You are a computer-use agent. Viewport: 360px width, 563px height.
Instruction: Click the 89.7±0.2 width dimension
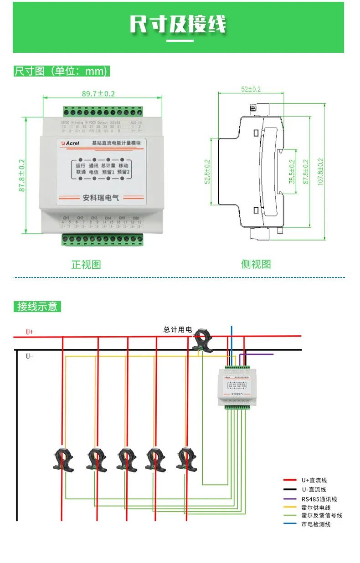[98, 94]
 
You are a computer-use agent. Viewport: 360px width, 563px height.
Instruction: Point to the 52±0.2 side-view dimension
[251, 89]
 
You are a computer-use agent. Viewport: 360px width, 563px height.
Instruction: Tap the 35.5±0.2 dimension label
[292, 172]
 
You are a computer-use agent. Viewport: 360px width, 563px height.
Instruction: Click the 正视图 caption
[86, 264]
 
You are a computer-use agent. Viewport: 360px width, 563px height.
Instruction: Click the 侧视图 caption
[256, 264]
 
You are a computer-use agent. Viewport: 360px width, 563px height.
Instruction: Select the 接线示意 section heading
[37, 307]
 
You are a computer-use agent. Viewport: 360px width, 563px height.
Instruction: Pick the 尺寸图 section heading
[62, 71]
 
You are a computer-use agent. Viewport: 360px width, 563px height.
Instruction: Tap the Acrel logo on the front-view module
[71, 143]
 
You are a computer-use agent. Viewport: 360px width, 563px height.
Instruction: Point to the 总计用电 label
[178, 329]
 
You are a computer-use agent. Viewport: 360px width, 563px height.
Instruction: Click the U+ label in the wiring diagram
[30, 332]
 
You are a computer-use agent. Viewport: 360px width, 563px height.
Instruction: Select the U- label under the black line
[30, 356]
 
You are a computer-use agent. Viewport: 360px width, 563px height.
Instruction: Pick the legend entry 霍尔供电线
[316, 507]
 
